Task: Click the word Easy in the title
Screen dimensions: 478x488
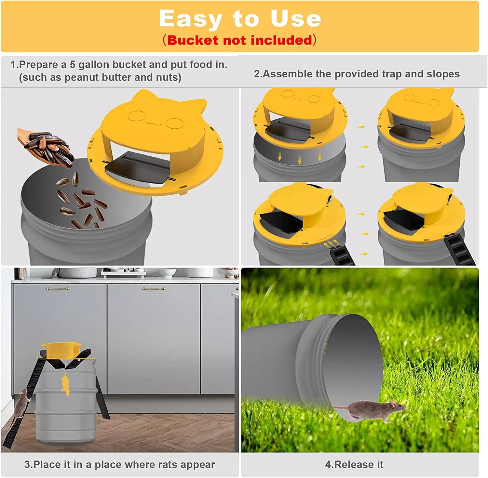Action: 190,19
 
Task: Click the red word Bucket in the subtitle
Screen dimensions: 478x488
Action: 193,40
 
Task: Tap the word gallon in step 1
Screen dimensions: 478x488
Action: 94,65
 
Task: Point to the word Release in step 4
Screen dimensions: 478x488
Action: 354,465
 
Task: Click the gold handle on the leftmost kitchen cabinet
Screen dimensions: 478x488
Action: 57,289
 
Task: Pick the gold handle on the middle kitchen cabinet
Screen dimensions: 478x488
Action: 153,289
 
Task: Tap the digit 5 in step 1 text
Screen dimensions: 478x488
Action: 72,65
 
